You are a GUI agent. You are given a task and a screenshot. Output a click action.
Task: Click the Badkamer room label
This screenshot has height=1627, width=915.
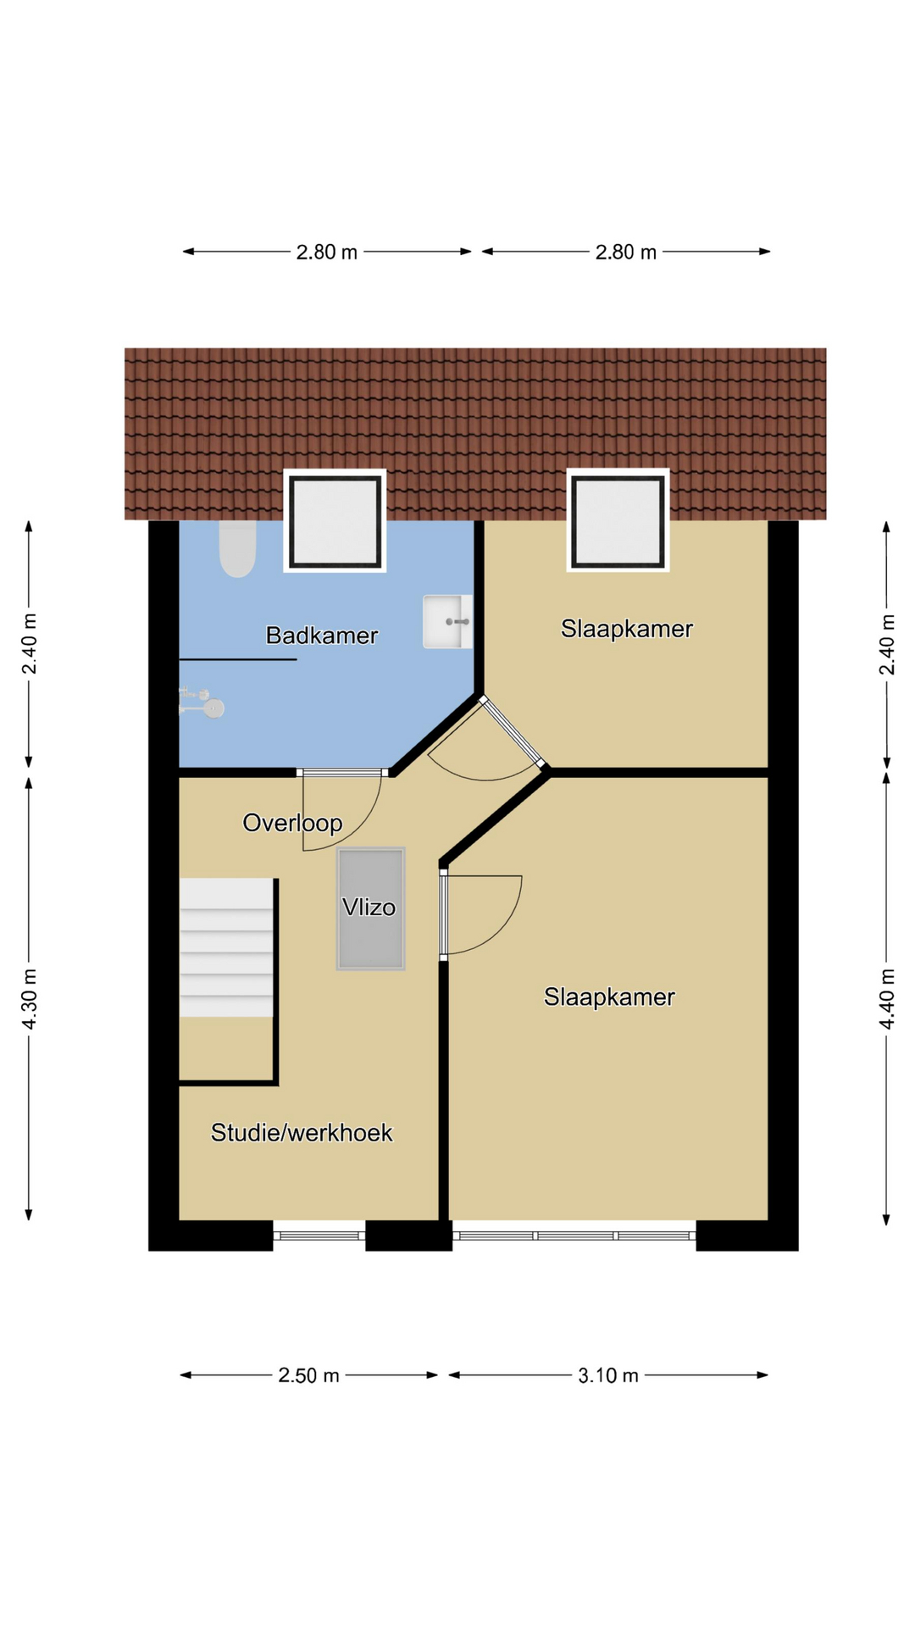coord(322,636)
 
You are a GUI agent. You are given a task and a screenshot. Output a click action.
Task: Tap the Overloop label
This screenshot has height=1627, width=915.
coord(292,823)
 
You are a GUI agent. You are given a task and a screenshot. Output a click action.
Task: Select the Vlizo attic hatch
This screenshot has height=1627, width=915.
coord(370,908)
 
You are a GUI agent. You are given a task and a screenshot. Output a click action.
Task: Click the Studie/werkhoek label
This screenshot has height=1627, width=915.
coord(302,1133)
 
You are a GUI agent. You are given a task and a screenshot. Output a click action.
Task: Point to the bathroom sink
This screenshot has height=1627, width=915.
coord(447,622)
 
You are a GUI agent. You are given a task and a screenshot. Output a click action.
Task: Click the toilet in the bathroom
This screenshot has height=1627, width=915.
coord(237,548)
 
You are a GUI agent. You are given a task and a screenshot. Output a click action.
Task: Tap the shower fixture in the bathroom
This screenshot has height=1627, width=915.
coord(202,702)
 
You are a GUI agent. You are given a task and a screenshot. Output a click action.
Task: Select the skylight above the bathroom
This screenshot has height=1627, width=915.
coord(335,520)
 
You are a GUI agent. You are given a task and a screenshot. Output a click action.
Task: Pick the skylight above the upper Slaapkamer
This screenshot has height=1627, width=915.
coord(618,520)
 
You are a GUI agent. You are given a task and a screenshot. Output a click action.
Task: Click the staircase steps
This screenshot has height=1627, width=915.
coord(226,947)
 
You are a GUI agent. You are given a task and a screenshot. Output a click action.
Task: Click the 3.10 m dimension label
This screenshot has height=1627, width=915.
coord(608,1375)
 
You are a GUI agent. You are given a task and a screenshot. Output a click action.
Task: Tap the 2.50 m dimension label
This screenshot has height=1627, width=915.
coord(308,1375)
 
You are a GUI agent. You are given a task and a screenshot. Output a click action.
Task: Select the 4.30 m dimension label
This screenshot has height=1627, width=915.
coord(30,999)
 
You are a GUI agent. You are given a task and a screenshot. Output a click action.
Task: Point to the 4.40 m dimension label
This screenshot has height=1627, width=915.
coord(887,999)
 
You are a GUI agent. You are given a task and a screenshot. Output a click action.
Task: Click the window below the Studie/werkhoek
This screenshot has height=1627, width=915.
coord(319,1236)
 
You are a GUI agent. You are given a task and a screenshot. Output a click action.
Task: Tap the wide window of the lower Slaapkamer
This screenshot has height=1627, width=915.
coord(574,1236)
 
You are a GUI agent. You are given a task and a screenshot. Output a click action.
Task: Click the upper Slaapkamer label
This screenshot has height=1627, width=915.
coord(627,629)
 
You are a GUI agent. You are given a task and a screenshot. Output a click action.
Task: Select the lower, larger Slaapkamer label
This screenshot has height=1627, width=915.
coord(609,997)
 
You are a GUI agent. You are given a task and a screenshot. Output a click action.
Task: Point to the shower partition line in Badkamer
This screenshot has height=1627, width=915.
coord(238,659)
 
